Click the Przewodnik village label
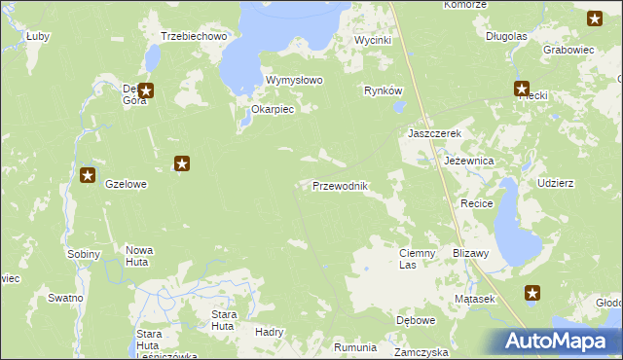[x=340, y=186]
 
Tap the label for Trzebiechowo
[x=194, y=36]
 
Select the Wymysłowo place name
[x=294, y=81]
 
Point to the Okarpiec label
[x=273, y=110]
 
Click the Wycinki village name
[x=372, y=41]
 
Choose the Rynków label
[x=383, y=90]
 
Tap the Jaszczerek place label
[x=433, y=133]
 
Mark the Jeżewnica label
[x=469, y=160]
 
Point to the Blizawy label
[x=470, y=252]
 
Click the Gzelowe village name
[x=126, y=183]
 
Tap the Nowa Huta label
[x=139, y=256]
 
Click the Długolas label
[x=506, y=36]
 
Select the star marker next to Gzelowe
[x=88, y=176]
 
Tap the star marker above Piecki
[x=522, y=89]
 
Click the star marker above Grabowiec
[x=595, y=18]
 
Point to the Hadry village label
[x=269, y=332]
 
